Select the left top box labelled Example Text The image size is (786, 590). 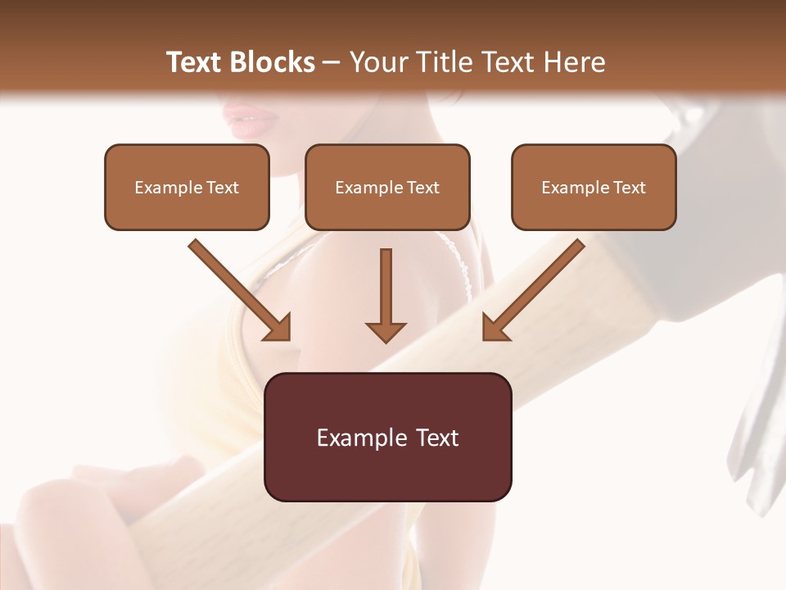point(187,187)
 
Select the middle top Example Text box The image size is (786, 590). point(387,187)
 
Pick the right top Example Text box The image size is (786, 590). point(594,187)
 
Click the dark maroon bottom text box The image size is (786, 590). point(387,437)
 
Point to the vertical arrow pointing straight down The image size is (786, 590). point(386,295)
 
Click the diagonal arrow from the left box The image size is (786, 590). point(239,289)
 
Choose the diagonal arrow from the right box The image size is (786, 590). point(533,289)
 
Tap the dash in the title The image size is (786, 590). point(332,63)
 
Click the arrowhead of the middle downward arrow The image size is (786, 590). point(386,331)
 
